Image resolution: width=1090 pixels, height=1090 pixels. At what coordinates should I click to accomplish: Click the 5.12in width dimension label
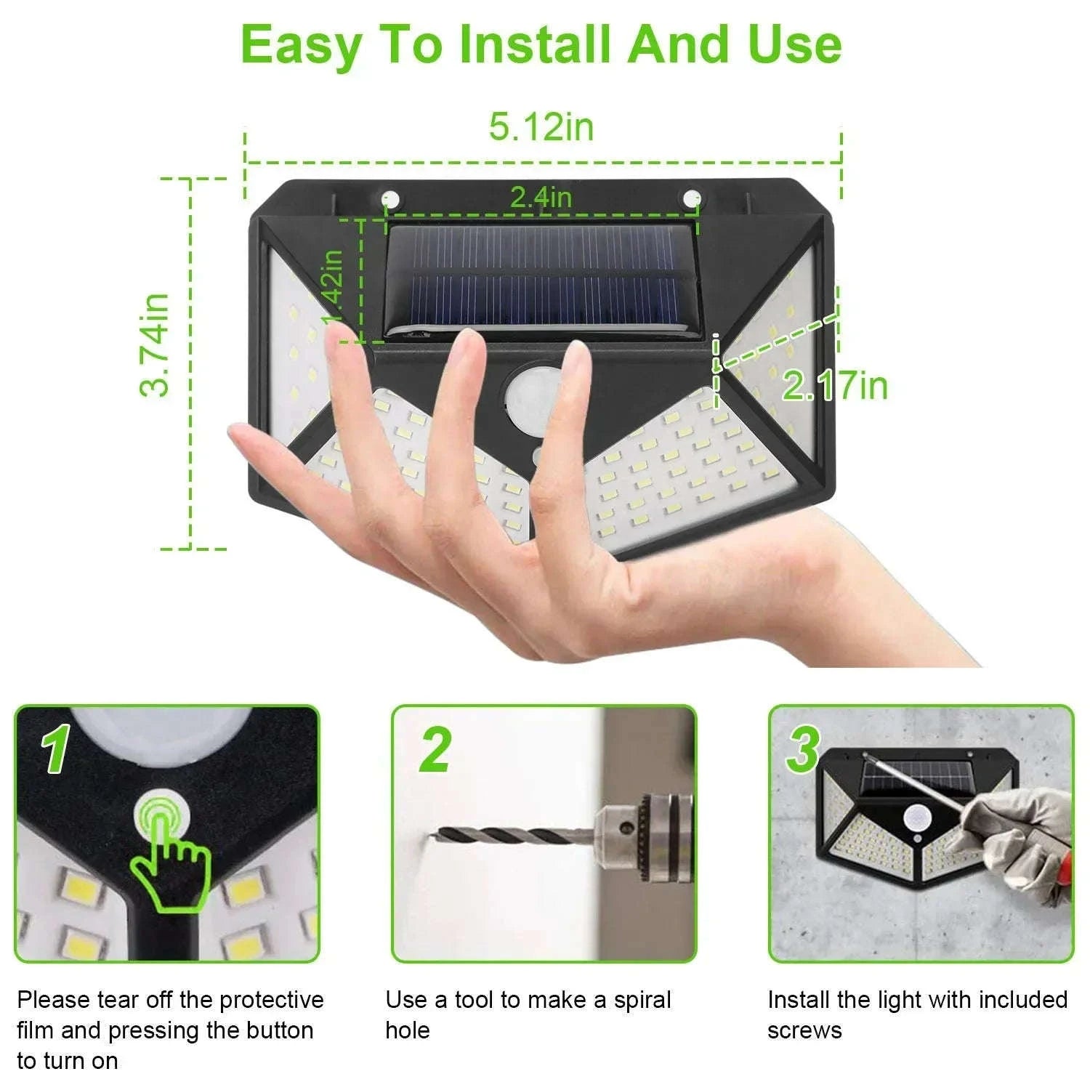(541, 127)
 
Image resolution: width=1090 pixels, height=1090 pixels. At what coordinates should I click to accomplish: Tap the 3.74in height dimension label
(155, 345)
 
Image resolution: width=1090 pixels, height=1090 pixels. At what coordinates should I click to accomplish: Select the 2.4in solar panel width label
(541, 197)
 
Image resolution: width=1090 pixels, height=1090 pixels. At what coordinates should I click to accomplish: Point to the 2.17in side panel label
(834, 384)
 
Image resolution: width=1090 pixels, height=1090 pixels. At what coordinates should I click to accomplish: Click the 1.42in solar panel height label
(334, 288)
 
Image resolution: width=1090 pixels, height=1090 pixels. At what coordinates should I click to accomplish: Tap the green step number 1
(56, 750)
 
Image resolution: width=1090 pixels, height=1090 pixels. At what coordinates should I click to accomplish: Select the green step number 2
(435, 750)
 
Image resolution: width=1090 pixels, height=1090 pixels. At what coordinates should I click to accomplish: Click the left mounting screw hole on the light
(390, 198)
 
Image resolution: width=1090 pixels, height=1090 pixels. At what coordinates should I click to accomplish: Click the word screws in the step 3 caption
(804, 1030)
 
